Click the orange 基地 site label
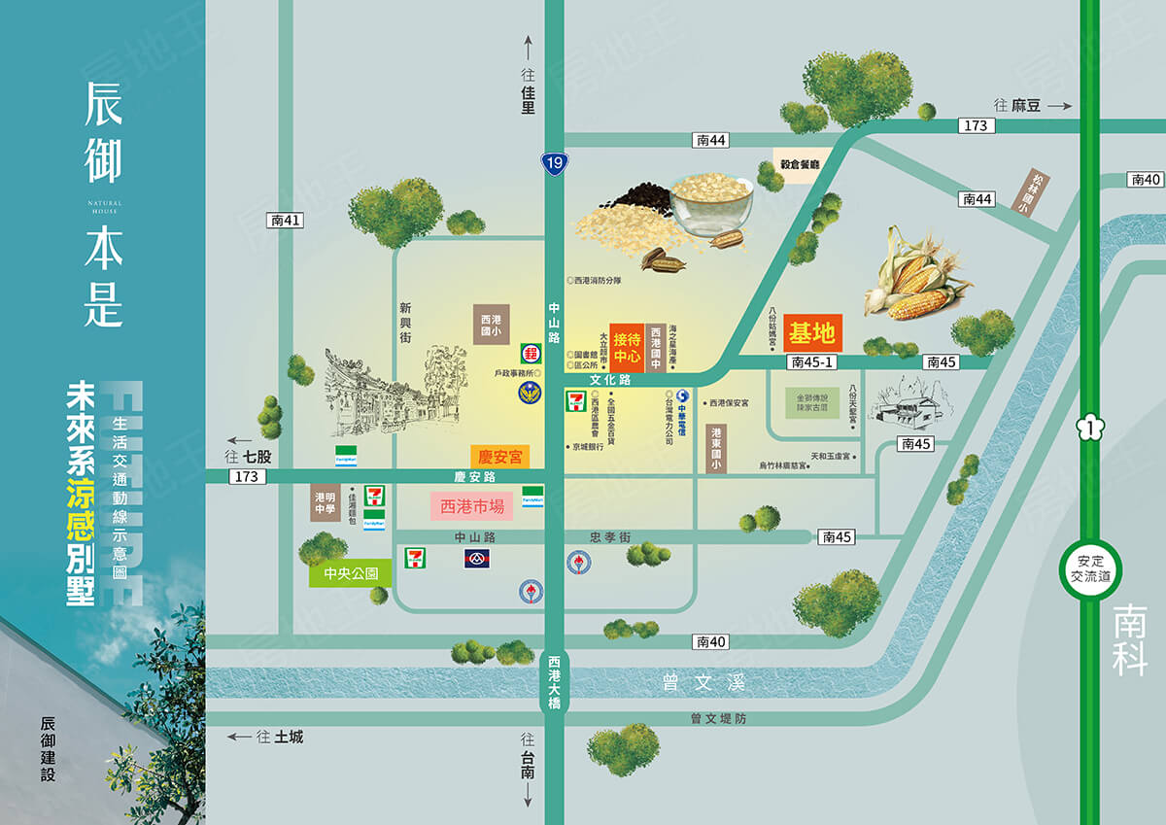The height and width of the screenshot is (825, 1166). click(812, 333)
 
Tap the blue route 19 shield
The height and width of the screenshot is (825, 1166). click(554, 163)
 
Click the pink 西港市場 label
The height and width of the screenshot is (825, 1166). click(472, 505)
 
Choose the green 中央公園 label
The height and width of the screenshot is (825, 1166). click(350, 573)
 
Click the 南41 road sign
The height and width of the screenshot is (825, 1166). click(285, 221)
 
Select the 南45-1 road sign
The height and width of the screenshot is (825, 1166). click(813, 362)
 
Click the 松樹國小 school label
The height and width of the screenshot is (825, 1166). click(1024, 190)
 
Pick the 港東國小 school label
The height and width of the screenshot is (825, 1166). click(716, 448)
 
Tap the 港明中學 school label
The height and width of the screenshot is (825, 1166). click(325, 502)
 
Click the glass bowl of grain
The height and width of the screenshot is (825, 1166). click(712, 204)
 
